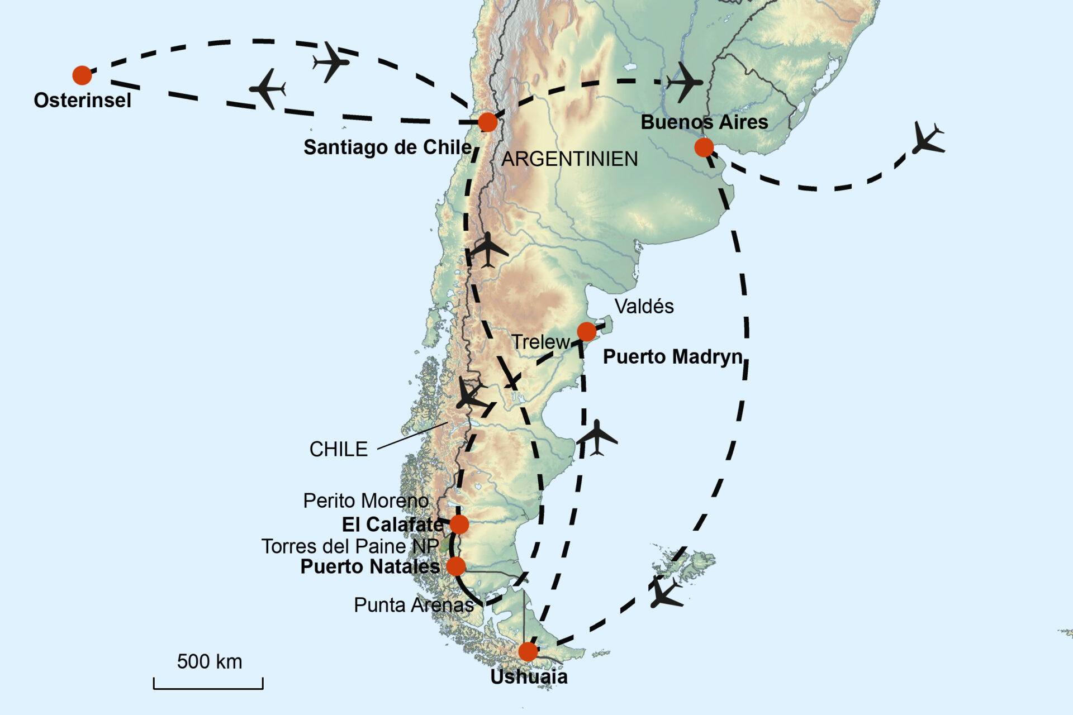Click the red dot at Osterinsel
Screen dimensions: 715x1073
coord(82,75)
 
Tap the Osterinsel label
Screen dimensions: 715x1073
coord(83,101)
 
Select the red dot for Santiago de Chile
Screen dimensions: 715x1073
coord(487,122)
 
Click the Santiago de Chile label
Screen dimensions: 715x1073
coord(387,147)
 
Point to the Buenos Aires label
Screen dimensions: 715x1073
coord(704,122)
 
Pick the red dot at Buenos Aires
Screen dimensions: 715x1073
coord(704,147)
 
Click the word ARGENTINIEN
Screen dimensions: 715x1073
coord(569,159)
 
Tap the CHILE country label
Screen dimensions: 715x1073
coord(339,449)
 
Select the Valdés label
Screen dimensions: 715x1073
coord(644,307)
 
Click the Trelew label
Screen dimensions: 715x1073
coord(540,342)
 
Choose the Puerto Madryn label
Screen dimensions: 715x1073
coord(673,357)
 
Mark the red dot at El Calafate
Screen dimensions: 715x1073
coord(459,525)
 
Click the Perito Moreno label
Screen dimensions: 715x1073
coord(365,500)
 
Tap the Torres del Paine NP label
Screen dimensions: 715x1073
coord(350,546)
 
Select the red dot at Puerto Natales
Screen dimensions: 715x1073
coord(456,566)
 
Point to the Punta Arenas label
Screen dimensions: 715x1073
coord(414,605)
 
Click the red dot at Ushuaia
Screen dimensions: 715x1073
coord(528,651)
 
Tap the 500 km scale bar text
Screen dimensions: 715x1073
coord(210,662)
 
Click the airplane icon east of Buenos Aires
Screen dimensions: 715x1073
coord(928,139)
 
